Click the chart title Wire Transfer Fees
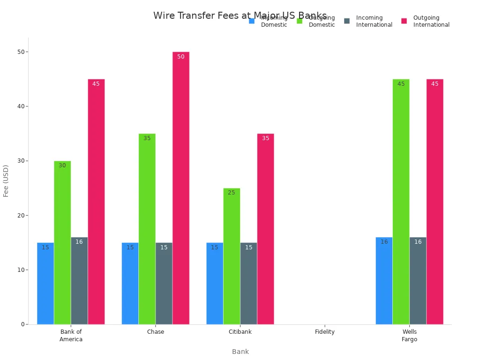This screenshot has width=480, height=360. click(240, 15)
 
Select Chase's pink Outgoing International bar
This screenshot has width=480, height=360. click(181, 188)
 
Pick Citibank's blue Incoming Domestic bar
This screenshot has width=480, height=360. click(215, 283)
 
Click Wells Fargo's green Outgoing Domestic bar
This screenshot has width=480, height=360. click(401, 202)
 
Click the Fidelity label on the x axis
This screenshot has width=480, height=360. click(325, 332)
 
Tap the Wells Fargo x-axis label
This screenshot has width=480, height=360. click(409, 336)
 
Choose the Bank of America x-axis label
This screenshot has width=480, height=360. click(71, 336)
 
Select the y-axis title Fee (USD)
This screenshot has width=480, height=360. click(6, 180)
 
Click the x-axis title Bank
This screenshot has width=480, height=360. click(240, 352)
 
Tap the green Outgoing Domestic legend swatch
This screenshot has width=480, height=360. click(300, 21)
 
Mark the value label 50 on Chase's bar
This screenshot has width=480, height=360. click(181, 57)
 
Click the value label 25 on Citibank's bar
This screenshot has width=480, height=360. click(232, 193)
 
